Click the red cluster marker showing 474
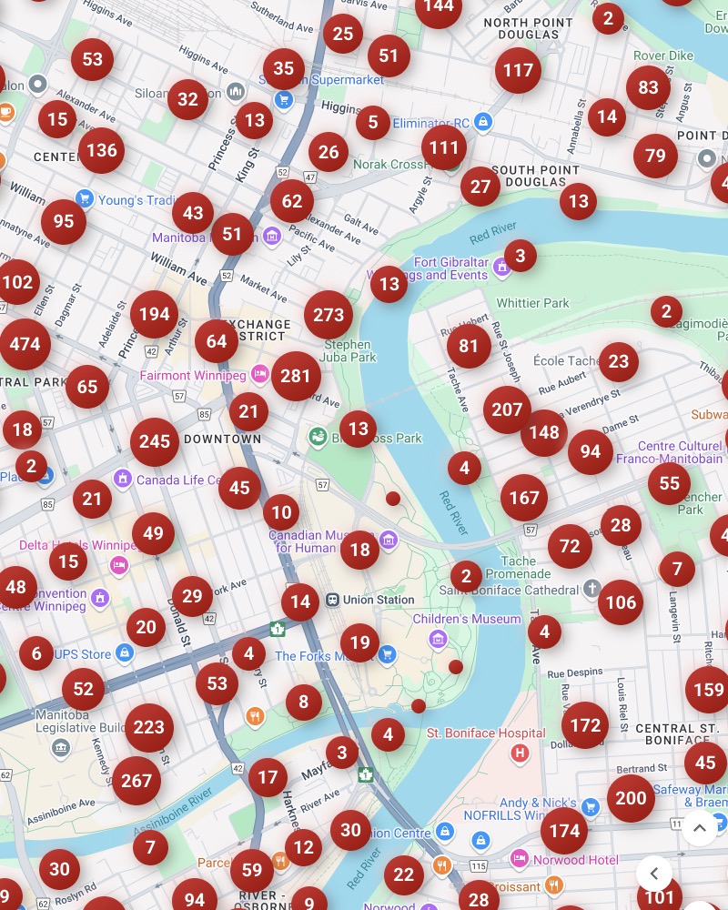25,344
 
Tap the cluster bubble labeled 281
296,375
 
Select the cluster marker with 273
329,315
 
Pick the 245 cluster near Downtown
155,441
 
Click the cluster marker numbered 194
155,314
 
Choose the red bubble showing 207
507,409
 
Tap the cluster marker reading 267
136,780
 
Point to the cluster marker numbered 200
631,798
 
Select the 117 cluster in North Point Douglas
518,70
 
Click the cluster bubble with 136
101,150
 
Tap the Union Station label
378,600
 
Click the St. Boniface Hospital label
486,733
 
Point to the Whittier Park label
532,303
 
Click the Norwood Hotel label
576,860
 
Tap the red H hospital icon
521,753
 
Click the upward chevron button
699,828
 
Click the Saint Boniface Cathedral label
509,590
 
